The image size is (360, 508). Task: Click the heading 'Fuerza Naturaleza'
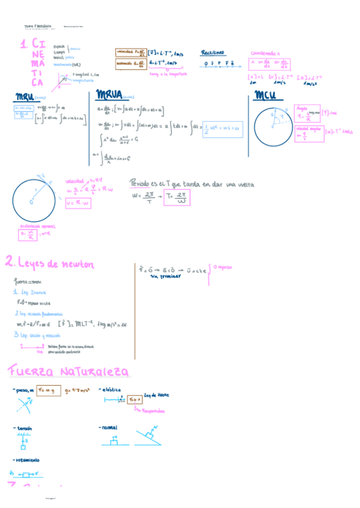coord(68,372)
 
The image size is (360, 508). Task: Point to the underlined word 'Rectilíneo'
coord(213,52)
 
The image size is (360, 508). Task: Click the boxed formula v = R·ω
coord(78,204)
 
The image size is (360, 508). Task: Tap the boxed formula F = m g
coord(49,391)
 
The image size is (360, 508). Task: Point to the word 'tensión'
coord(25,428)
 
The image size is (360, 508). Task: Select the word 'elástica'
coord(113,390)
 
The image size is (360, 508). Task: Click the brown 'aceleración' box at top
coord(130,62)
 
